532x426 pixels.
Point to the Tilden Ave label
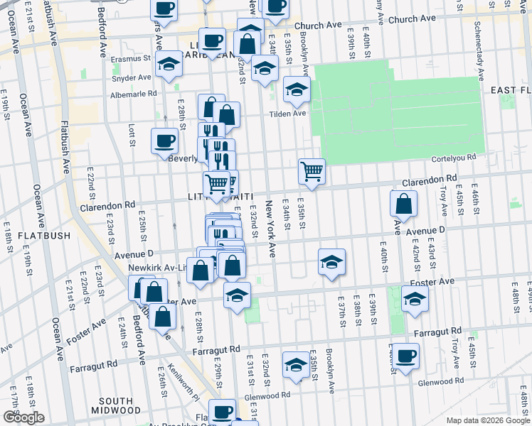tap(287, 113)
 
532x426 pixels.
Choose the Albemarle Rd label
tap(133, 94)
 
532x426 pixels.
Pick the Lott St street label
tap(132, 135)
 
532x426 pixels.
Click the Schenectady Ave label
tap(481, 52)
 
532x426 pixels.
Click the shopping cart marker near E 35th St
tap(312, 170)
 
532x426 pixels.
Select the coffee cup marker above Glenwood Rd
tap(407, 356)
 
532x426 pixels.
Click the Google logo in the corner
tap(23, 417)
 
